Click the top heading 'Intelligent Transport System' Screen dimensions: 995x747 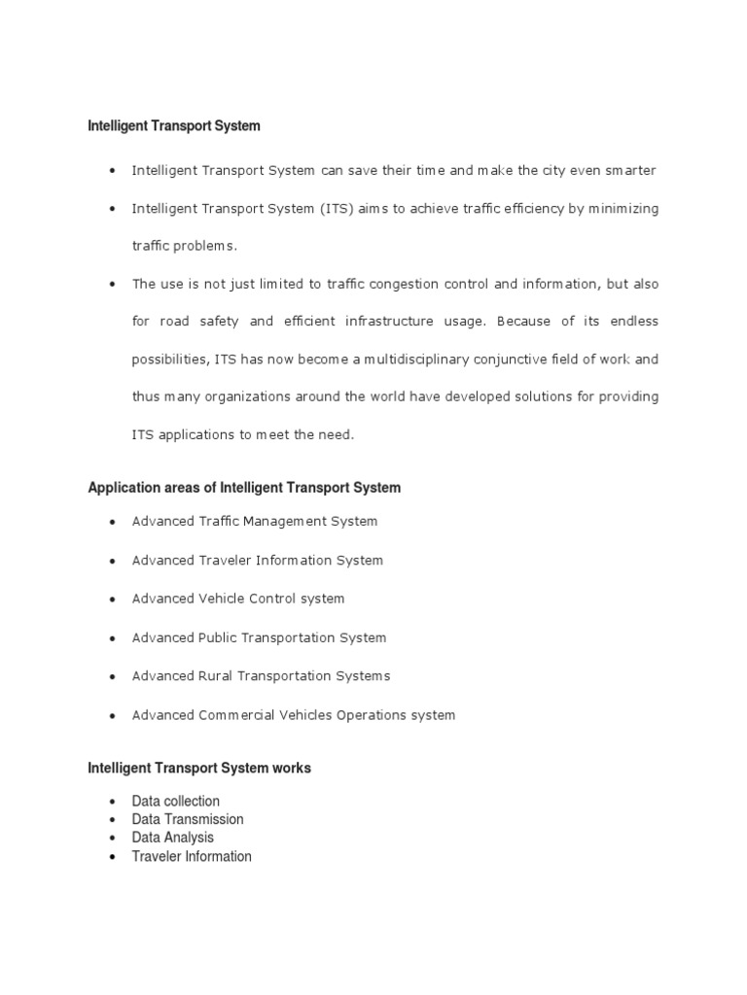coord(174,126)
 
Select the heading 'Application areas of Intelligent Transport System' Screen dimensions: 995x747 coord(244,488)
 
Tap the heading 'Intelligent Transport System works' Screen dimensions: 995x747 coord(199,768)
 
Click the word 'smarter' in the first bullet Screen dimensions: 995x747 coord(631,171)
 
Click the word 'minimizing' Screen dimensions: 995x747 coord(623,209)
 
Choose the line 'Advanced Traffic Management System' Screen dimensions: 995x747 coord(255,522)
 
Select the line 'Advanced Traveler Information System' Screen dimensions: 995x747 coord(258,561)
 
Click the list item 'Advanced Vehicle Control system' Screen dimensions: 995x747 coord(238,599)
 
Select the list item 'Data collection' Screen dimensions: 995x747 coord(176,802)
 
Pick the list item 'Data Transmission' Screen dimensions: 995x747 coord(188,819)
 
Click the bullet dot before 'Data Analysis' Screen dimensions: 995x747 coord(113,839)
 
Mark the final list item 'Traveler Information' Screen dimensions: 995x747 coord(192,856)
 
